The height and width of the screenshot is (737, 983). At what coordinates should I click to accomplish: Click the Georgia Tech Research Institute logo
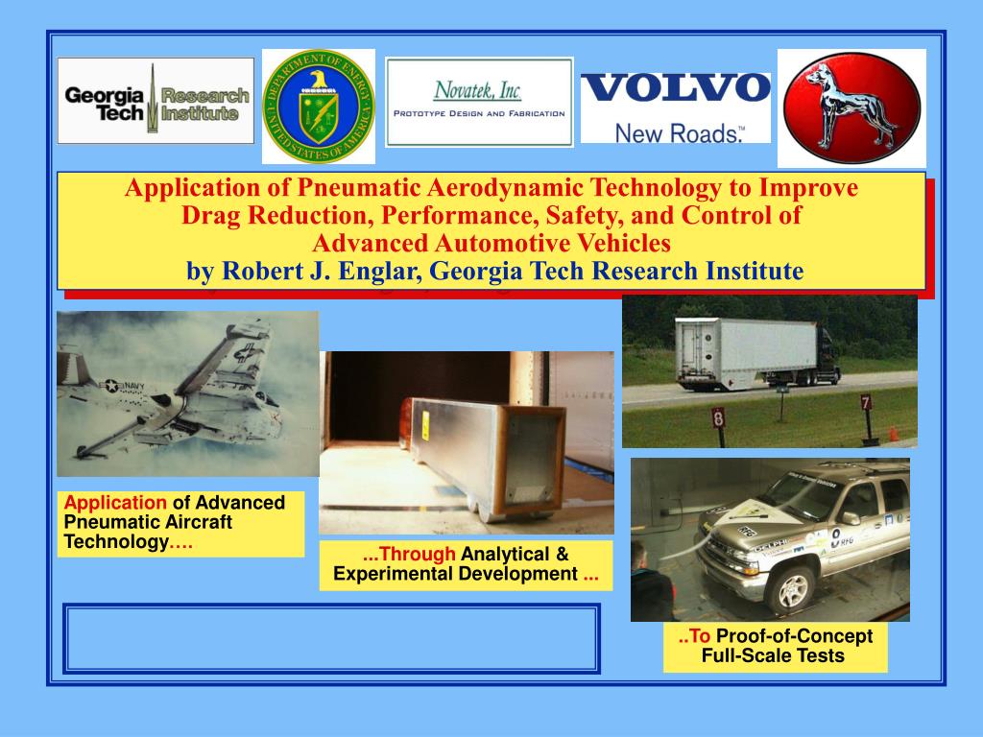(x=156, y=101)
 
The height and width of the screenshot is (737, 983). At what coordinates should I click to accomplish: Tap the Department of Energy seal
(x=319, y=106)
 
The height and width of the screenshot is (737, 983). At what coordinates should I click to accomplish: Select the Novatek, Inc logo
(x=478, y=102)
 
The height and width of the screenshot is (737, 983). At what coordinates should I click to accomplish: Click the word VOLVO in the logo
(x=676, y=88)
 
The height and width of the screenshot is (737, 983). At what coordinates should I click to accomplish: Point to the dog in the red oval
(x=851, y=107)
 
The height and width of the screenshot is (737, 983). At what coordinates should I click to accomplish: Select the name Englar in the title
(x=382, y=272)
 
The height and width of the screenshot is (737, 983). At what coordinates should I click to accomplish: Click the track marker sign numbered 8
(x=717, y=416)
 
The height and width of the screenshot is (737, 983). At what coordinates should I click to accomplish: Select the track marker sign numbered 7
(x=865, y=401)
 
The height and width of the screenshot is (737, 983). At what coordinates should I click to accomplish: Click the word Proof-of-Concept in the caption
(x=795, y=636)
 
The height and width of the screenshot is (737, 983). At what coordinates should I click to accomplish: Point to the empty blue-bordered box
(x=331, y=638)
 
